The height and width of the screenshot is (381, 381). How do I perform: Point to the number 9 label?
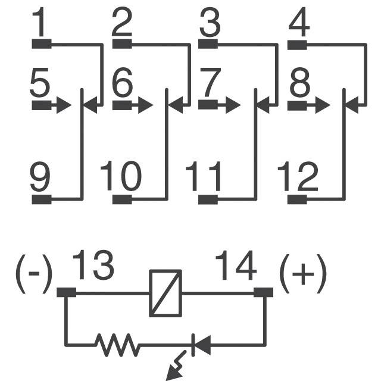tap(40, 177)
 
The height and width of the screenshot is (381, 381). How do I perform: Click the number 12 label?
tap(297, 177)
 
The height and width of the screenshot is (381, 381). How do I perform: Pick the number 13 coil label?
tap(93, 266)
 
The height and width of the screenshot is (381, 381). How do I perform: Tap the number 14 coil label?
tap(236, 266)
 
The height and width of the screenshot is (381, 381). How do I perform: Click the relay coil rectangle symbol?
tap(165, 293)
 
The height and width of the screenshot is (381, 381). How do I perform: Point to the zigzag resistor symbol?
tap(118, 343)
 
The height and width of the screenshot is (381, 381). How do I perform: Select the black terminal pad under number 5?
tap(41, 106)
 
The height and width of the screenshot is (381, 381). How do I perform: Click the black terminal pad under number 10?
tap(122, 199)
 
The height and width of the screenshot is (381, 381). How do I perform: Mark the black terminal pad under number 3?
tap(208, 43)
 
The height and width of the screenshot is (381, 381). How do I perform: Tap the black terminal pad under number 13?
tap(66, 292)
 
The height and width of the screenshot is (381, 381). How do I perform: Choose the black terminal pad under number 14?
tap(263, 292)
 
